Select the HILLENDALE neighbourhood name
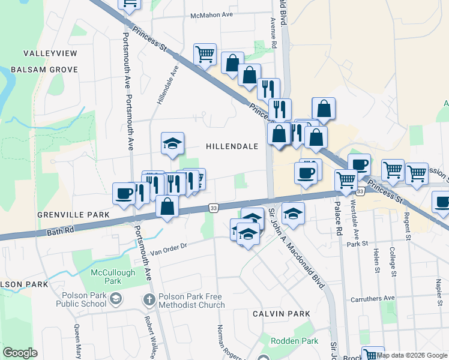pos(232,146)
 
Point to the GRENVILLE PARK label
pos(73,214)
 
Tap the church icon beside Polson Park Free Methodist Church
pos(149,299)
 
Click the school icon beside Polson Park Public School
pos(115,298)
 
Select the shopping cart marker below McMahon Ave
pos(205,55)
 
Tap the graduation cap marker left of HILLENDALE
pos(172,143)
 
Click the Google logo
pos(20,353)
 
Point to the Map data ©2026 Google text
pos(412,355)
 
